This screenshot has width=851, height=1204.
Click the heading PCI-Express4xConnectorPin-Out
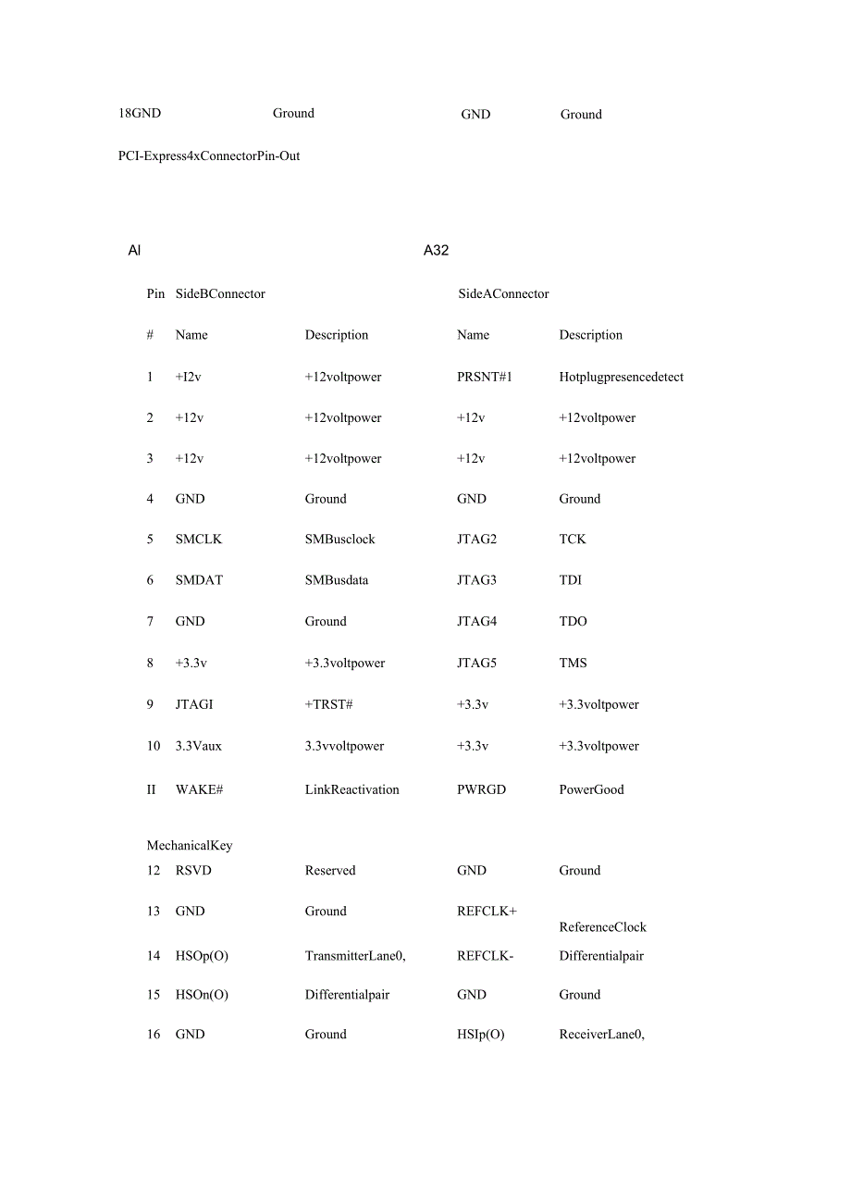pos(209,155)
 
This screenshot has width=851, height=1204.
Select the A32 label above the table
pos(436,251)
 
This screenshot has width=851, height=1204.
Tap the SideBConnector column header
pos(220,293)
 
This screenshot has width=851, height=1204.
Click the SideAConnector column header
pos(503,293)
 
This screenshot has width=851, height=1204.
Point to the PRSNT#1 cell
pos(484,377)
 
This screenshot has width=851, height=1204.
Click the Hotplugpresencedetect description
pos(621,377)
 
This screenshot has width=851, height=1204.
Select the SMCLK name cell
pos(198,539)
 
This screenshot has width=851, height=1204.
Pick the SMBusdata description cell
pos(337,579)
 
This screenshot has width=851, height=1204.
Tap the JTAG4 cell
pos(476,621)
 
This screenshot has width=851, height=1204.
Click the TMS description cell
pos(573,663)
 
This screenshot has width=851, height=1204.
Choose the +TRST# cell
pos(328,704)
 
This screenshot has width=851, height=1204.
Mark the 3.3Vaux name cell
pos(198,746)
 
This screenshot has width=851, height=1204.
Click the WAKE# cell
pos(199,789)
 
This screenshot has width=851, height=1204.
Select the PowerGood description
pos(591,789)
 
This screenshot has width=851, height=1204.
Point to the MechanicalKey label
pos(190,845)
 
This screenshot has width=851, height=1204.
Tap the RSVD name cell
pos(192,870)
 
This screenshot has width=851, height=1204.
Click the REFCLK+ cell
pos(487,911)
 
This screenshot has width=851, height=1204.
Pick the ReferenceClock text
pos(602,926)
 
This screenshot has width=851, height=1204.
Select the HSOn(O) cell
pos(202,994)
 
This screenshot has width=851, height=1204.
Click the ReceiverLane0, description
pos(601,1034)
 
